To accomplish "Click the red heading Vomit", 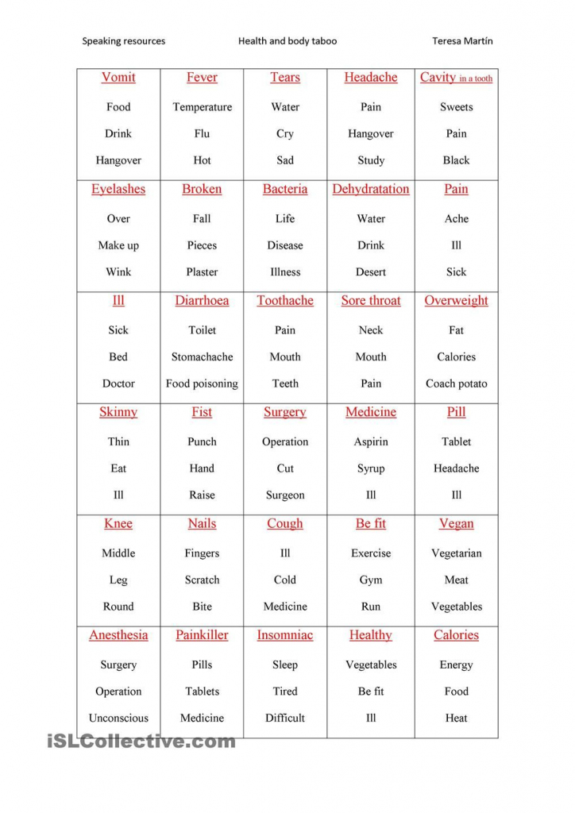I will (118, 78).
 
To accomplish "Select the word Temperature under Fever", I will (202, 107).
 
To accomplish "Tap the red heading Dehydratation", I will (370, 189).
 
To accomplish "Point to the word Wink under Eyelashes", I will (118, 272).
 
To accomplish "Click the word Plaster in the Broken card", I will (202, 272).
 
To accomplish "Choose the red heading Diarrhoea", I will (202, 301).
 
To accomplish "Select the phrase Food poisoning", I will (202, 383).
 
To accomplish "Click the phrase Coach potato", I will (456, 383).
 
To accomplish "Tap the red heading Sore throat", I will (370, 301).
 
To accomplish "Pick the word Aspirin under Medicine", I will (370, 441).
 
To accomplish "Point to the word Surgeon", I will (285, 495).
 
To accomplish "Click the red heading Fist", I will (202, 412).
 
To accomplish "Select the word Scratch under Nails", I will (202, 580).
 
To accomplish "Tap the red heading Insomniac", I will (285, 635).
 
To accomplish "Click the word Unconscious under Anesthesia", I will (118, 718).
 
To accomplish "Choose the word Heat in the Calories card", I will (456, 718).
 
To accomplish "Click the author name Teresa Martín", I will (462, 41).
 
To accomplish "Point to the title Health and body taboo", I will (287, 41).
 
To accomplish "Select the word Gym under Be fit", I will (370, 580).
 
